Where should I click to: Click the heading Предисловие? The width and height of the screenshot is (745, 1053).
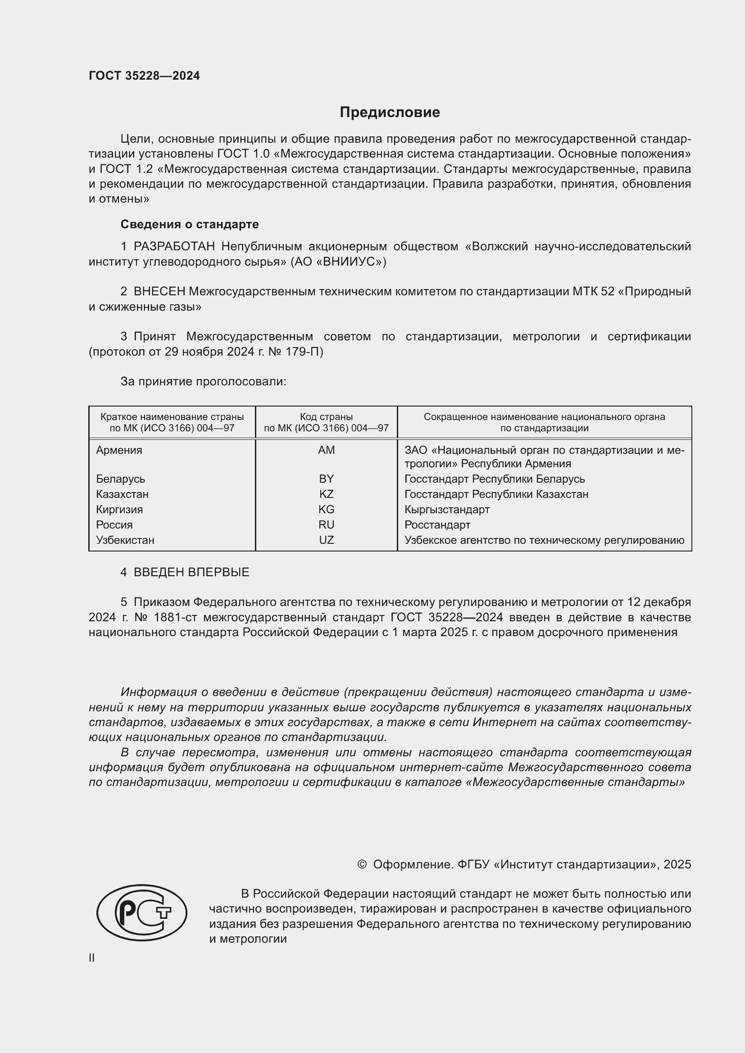[390, 113]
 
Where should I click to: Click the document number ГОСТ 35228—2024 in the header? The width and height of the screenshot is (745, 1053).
[144, 76]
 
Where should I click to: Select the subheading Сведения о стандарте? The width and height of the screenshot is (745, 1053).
[190, 224]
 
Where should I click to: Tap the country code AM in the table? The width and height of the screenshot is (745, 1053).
[326, 450]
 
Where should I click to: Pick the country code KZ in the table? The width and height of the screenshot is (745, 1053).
[326, 494]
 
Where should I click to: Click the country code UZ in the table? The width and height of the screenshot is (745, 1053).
[326, 540]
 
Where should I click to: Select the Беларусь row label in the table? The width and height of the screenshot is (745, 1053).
[120, 479]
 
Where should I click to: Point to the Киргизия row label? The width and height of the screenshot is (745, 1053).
[119, 510]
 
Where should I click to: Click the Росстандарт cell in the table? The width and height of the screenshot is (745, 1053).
[437, 524]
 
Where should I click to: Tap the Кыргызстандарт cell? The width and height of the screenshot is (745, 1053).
[447, 510]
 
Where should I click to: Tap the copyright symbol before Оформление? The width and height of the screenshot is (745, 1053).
[362, 864]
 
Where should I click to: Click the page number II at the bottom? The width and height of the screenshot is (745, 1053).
[92, 958]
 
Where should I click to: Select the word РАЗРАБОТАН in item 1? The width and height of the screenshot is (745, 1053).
[174, 246]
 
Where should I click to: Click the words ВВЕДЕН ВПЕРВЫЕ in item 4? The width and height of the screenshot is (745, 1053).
[191, 572]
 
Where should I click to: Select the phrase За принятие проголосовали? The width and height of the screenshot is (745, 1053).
[203, 382]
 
